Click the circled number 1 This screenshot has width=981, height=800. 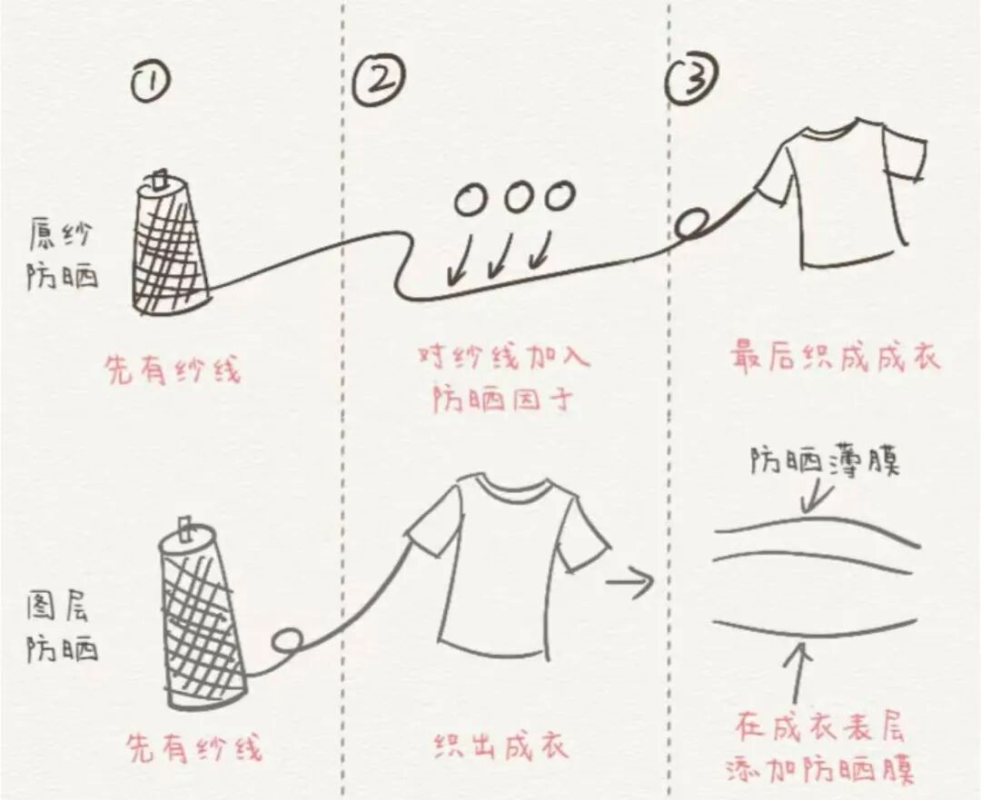coord(152,83)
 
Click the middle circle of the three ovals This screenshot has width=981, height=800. coord(517,197)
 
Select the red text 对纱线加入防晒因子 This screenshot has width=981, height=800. coord(503,377)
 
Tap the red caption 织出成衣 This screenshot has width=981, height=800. coord(500,746)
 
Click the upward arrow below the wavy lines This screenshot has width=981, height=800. coord(800,673)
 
